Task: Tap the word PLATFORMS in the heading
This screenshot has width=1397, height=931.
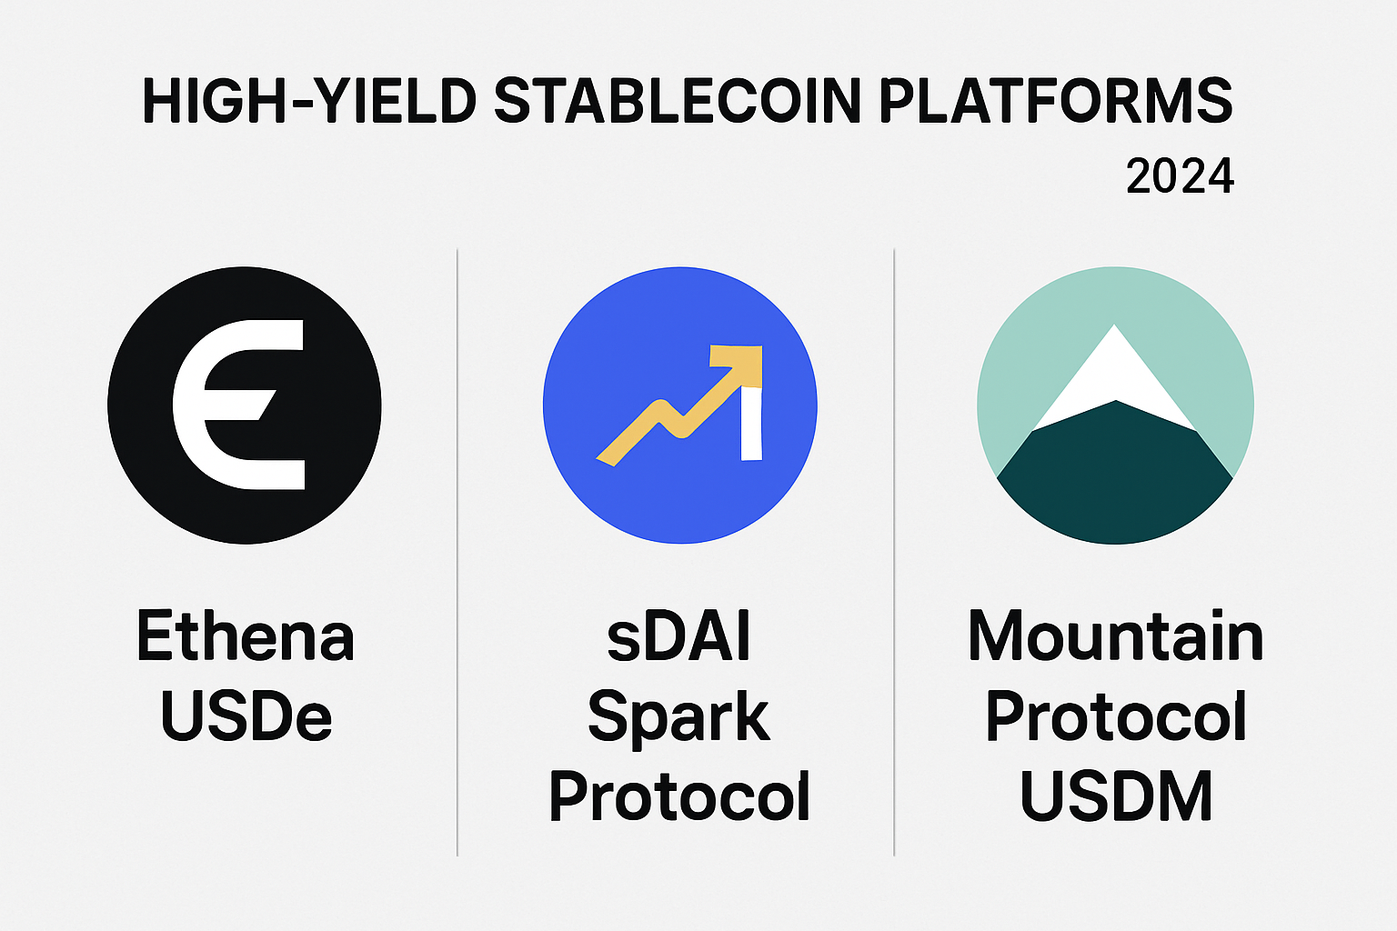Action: tap(1056, 101)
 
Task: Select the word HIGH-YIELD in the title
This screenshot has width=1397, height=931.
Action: tap(310, 101)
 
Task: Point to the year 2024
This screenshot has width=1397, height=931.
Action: tap(1180, 176)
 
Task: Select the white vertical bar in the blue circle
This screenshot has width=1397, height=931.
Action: tap(751, 424)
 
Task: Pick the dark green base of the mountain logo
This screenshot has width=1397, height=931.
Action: tap(1115, 480)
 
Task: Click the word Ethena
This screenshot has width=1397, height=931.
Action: tap(246, 636)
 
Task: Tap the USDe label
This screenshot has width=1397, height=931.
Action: tap(246, 716)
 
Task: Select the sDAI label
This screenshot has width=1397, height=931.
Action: tap(678, 636)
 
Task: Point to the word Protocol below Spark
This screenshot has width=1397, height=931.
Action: tap(679, 797)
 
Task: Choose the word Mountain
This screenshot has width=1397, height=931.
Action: tap(1116, 636)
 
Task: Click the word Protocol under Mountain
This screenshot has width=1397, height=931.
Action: tap(1116, 716)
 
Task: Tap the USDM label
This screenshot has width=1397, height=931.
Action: tap(1116, 797)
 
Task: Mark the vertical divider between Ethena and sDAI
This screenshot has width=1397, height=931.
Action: tap(457, 553)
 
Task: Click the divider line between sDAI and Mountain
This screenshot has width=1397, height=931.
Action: tap(894, 553)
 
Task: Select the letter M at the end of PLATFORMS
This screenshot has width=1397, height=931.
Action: tap(1168, 101)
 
